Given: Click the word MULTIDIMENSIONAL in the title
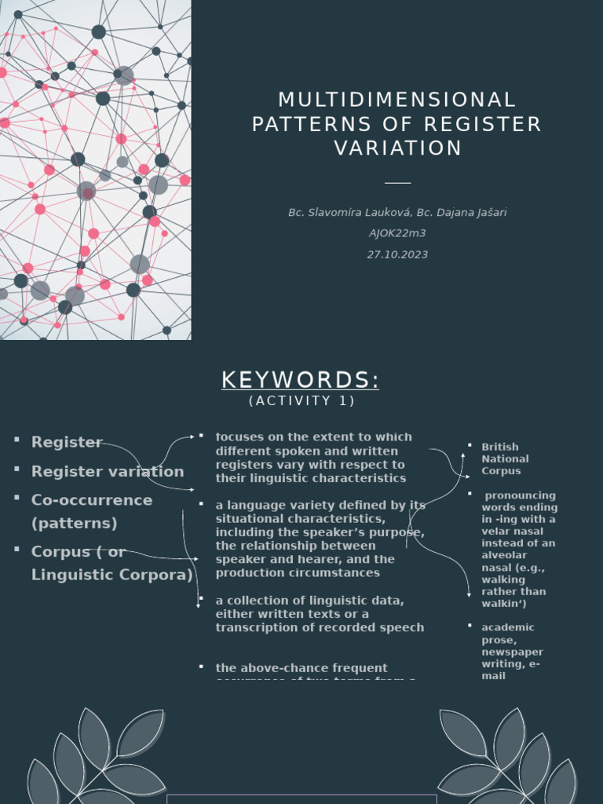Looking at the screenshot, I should coord(397,100).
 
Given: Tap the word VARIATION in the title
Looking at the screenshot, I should coord(398,148).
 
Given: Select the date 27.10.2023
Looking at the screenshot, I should coord(397,254).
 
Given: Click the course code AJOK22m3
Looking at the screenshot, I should coord(397,233).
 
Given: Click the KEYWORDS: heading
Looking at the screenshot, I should coord(301,380).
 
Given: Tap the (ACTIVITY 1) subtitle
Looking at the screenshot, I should coord(302,401).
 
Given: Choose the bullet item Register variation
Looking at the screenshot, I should coord(108,471).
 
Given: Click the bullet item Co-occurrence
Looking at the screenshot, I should coord(92,500).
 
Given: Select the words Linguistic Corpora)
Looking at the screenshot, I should coord(112,575).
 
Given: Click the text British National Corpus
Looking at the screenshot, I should coord(505,459).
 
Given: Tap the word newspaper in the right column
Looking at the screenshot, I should coord(512,652).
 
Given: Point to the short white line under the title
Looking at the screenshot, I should coord(397,182).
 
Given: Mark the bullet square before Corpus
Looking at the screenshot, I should coord(16,550).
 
